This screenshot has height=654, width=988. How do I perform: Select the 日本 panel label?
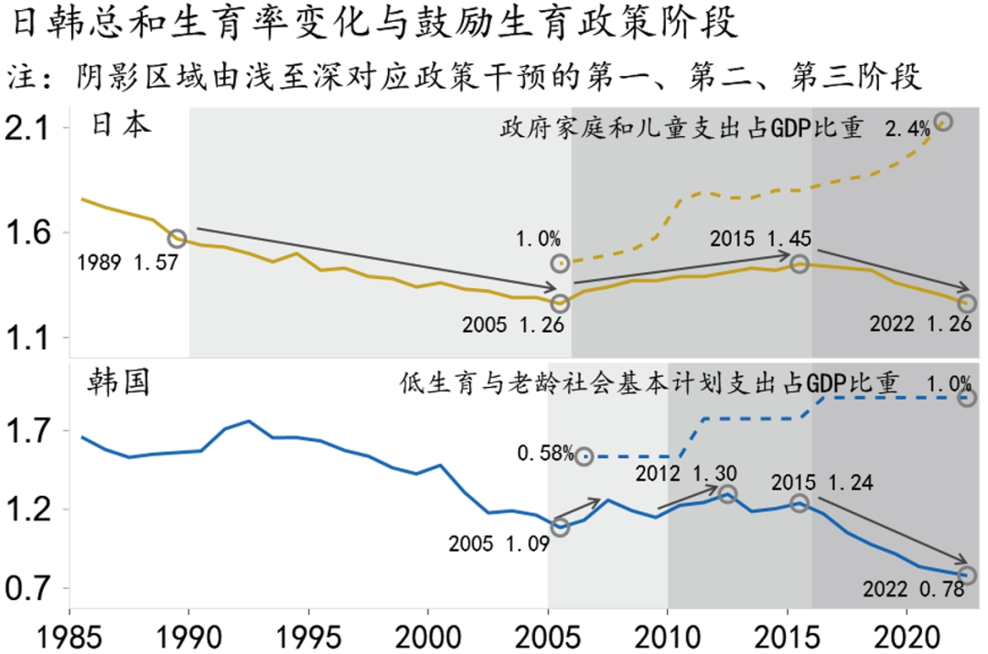pyautogui.click(x=123, y=125)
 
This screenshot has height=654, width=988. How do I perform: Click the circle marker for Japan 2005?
pyautogui.click(x=560, y=302)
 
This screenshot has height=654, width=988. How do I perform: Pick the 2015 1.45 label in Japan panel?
pyautogui.click(x=759, y=240)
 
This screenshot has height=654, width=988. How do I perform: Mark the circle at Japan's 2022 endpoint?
pyautogui.click(x=967, y=303)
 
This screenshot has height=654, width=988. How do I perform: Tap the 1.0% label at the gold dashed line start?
pyautogui.click(x=537, y=239)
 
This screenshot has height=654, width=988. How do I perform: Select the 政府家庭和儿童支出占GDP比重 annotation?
pyautogui.click(x=682, y=128)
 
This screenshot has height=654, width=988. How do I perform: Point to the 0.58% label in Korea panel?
pyautogui.click(x=545, y=453)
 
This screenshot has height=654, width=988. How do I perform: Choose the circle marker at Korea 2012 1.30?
pyautogui.click(x=727, y=494)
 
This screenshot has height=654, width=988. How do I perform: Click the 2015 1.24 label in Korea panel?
pyautogui.click(x=821, y=482)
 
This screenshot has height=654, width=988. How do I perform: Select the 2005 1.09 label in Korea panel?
pyautogui.click(x=499, y=543)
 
